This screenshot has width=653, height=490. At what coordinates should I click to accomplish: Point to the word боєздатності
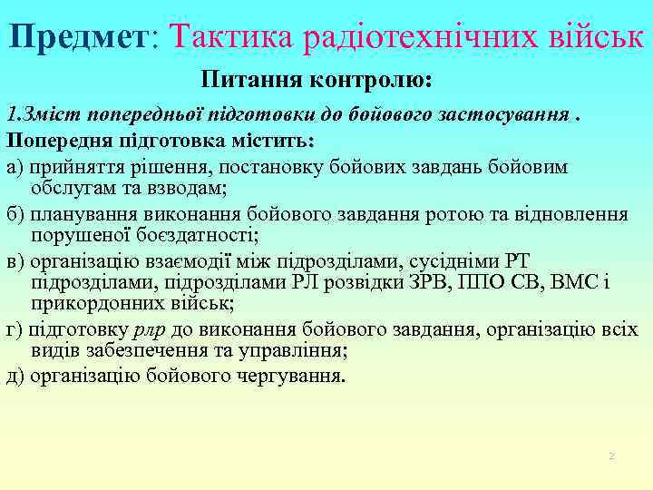(200, 236)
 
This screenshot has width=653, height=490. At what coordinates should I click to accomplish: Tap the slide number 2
(611, 455)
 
